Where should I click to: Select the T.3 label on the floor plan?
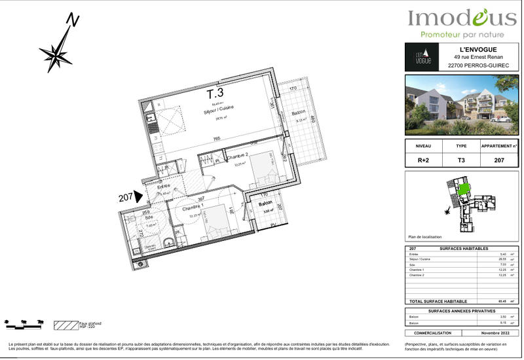coord(215,94)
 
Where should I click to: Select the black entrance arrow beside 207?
coord(138,196)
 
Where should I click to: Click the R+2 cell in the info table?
coord(423,159)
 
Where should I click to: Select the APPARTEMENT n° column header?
coord(500,147)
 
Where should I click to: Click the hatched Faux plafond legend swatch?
coord(65,325)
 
